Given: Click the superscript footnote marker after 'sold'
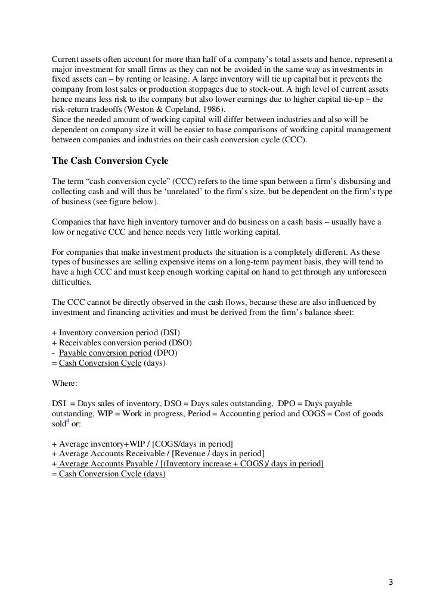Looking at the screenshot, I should pyautogui.click(x=67, y=422).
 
